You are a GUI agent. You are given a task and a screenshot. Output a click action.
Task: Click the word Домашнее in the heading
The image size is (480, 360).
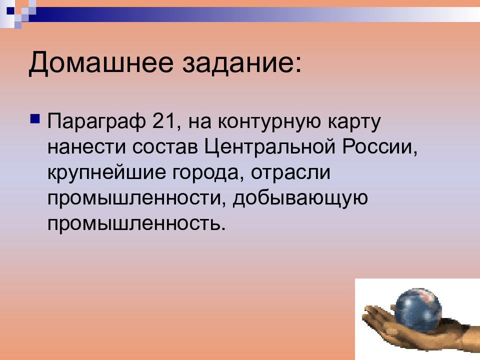click(x=101, y=63)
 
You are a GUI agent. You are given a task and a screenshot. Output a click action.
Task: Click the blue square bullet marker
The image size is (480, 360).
click(x=35, y=118)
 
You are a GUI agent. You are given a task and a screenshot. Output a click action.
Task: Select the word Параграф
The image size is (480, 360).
click(x=96, y=122)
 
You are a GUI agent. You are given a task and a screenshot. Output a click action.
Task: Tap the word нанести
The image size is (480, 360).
click(x=86, y=147)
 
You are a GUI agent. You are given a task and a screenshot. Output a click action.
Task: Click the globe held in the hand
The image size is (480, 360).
click(x=418, y=310)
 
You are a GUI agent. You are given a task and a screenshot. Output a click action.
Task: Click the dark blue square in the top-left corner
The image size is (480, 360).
click(x=10, y=11)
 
